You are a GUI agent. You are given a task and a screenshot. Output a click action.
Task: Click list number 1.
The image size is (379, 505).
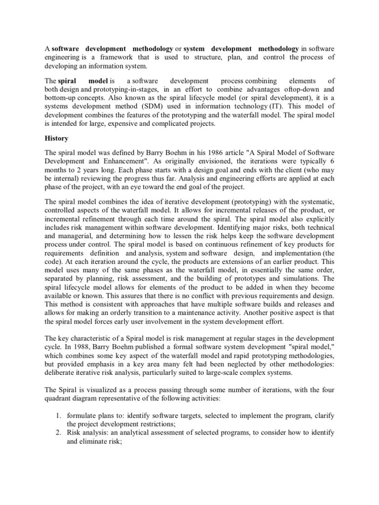coord(58,402)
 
